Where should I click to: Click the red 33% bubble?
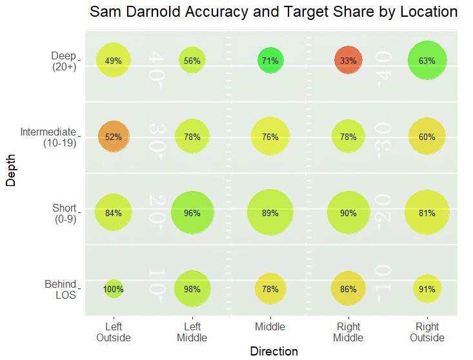348,61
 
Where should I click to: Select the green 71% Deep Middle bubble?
270,61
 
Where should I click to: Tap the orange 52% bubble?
114,137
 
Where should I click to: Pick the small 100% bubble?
114,289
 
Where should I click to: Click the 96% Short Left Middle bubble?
192,213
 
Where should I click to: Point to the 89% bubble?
270,213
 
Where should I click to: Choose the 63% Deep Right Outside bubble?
427,61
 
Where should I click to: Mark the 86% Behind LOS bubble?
348,289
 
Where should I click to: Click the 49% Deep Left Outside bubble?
114,61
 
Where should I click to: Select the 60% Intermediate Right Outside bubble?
427,137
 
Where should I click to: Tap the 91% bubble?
427,289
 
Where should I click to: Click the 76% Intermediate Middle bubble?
270,137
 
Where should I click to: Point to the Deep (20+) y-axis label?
63,61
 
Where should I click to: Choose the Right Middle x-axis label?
348,332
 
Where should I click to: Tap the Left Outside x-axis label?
114,332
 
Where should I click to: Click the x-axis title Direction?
274,352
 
